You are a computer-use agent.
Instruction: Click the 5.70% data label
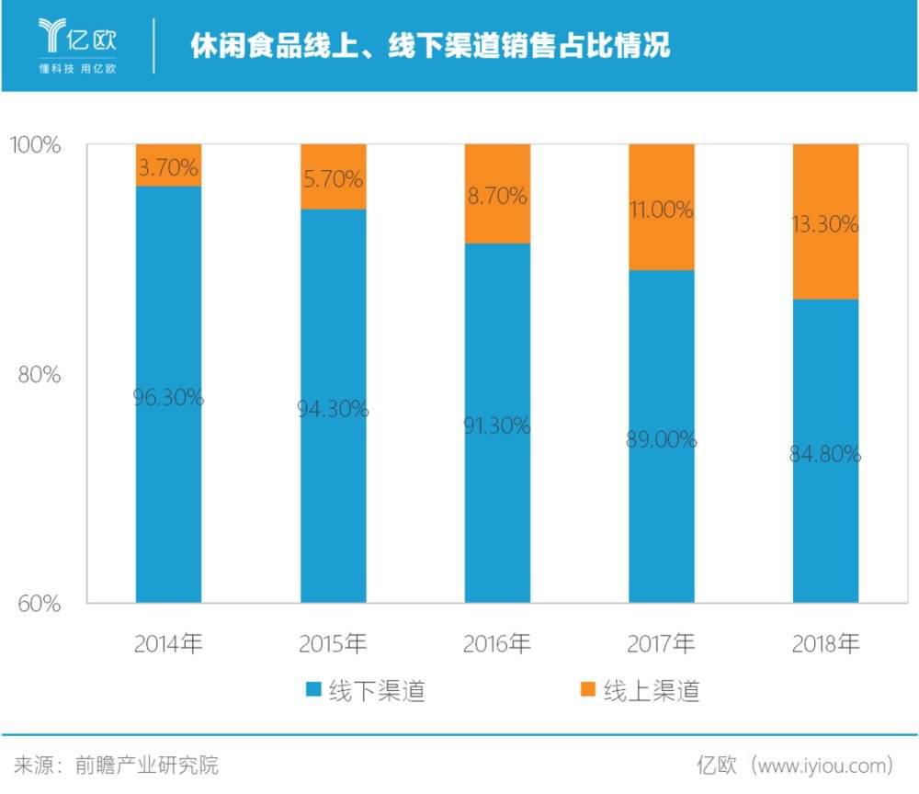point(333,180)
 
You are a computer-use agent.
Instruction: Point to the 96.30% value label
point(168,398)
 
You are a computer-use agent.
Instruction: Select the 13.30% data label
point(824,223)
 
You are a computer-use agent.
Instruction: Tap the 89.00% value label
point(661,440)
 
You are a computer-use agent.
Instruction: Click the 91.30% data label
point(496,425)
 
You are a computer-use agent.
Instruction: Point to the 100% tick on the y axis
point(35,145)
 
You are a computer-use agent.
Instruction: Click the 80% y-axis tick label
point(39,375)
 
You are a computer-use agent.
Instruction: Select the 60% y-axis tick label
point(39,604)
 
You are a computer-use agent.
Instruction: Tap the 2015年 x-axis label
point(333,643)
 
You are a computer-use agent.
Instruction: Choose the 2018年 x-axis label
point(824,643)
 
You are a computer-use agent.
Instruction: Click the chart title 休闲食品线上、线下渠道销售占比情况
point(430,45)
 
